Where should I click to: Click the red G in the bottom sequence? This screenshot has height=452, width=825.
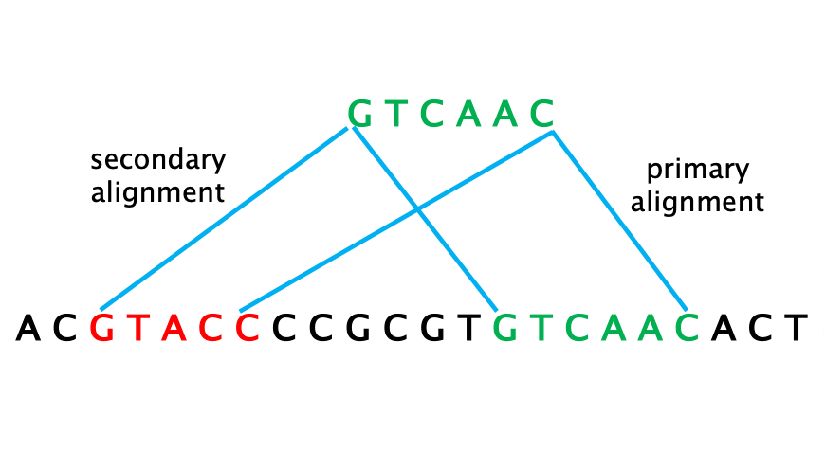point(102,328)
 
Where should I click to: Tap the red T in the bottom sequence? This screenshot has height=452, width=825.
point(138,328)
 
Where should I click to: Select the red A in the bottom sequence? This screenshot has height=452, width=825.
point(174,328)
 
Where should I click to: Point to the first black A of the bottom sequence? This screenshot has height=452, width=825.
point(29,328)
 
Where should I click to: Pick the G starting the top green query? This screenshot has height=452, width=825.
point(360,115)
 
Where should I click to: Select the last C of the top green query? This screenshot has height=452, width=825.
point(541,115)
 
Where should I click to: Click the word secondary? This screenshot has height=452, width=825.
point(158,159)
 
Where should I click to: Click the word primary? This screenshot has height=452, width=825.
point(697,171)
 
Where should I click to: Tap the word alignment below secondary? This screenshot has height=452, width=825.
point(158,192)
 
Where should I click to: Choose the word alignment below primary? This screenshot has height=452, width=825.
point(697,202)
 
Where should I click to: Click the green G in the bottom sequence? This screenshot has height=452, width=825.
point(505,328)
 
